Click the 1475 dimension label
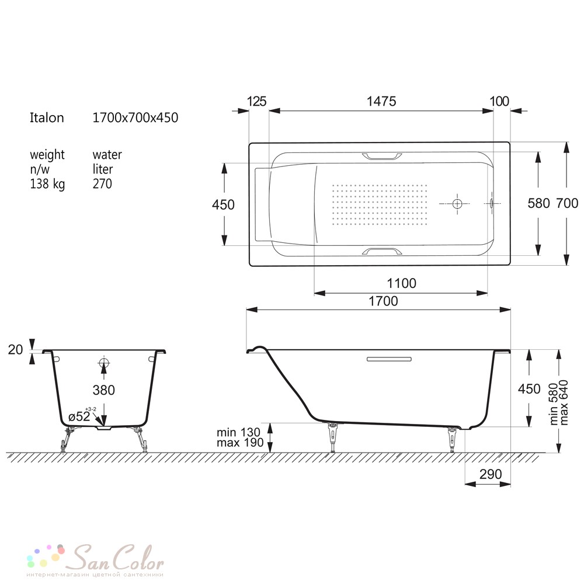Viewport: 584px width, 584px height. click(381, 101)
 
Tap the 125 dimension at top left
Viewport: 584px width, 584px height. click(256, 101)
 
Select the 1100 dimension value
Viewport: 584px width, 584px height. click(402, 283)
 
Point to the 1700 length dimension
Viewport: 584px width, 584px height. click(383, 301)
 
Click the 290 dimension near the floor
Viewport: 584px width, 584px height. click(491, 474)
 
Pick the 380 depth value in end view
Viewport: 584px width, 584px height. click(103, 390)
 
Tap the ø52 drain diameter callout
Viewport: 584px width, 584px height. click(79, 416)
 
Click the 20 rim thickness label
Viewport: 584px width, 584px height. click(15, 349)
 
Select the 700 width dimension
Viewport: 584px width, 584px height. click(567, 203)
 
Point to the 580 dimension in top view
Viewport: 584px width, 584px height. click(538, 203)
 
